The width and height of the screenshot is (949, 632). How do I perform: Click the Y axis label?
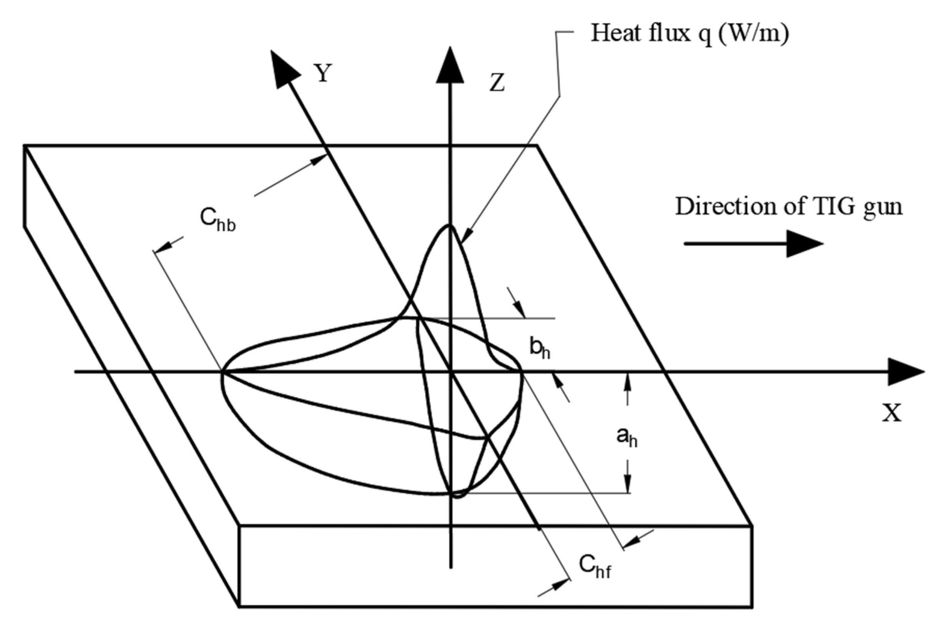point(323,73)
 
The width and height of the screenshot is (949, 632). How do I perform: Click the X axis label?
point(892,413)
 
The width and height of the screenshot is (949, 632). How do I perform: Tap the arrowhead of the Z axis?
point(450,66)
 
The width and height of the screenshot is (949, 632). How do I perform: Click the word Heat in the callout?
point(616,33)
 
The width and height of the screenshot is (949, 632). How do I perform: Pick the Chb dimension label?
point(217,220)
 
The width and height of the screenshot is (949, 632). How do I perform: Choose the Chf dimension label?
point(595,567)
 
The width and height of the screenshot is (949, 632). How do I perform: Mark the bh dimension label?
point(539,348)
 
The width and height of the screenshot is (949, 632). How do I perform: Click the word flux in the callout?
point(669,33)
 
